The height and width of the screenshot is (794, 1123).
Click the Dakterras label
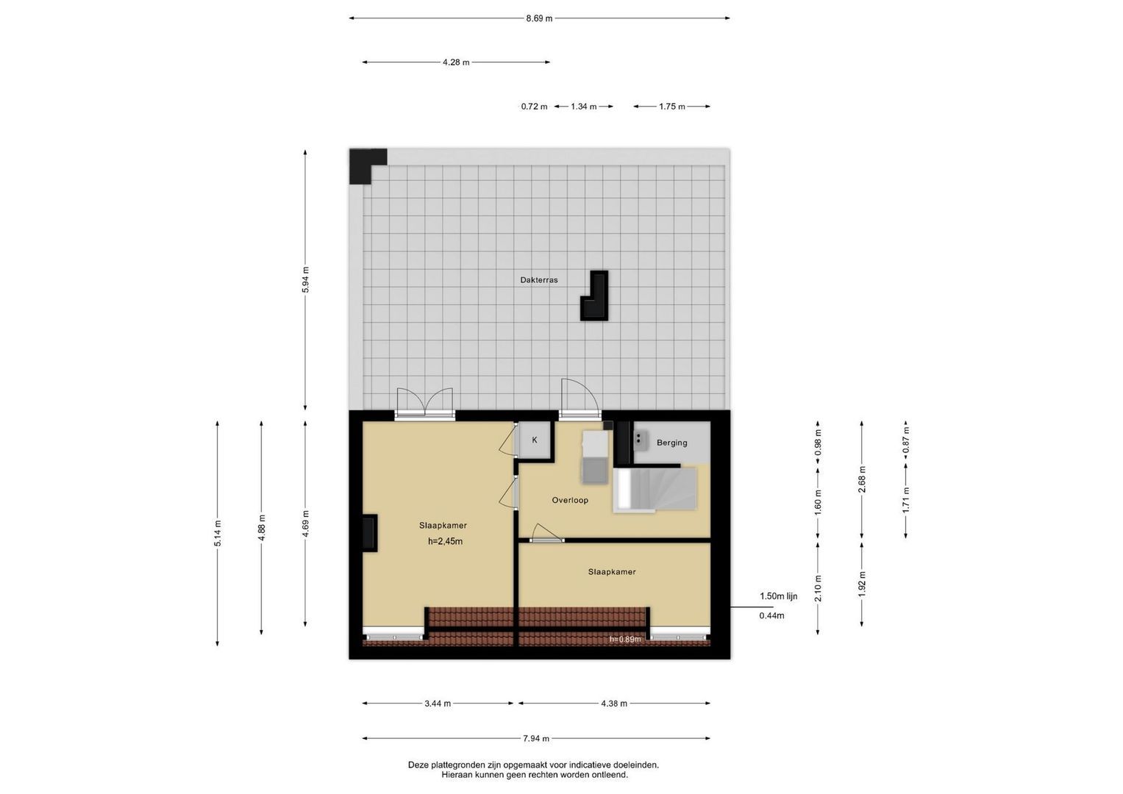539,280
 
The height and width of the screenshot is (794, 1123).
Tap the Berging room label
671,443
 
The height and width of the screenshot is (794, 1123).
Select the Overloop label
570,500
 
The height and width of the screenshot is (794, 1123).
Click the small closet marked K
535,440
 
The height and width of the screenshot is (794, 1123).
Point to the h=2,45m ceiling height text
445,541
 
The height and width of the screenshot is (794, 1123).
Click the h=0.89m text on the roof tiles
625,639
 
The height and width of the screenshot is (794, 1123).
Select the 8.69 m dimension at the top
540,18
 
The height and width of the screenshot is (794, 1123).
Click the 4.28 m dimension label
456,62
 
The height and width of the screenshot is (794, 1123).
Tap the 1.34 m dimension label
583,107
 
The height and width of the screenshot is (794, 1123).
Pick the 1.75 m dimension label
671,107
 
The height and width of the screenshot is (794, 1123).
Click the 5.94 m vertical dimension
305,279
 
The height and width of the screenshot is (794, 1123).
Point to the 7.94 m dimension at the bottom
536,738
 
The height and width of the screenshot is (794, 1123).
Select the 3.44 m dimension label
438,704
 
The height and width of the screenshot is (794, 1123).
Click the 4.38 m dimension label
614,704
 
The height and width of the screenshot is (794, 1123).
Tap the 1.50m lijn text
778,596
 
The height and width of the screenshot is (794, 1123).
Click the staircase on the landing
655,490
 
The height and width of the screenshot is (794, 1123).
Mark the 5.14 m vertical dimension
218,533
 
